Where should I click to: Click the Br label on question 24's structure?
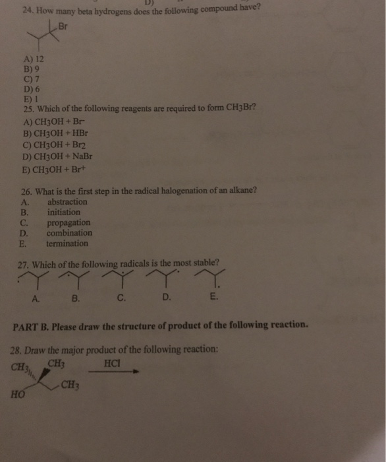[x=64, y=26]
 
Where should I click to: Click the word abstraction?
[x=67, y=201]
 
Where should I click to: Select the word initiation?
[x=64, y=212]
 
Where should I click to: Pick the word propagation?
[x=69, y=222]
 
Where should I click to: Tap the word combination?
[x=69, y=233]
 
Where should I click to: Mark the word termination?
[x=67, y=244]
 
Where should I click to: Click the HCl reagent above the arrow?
[x=113, y=363]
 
